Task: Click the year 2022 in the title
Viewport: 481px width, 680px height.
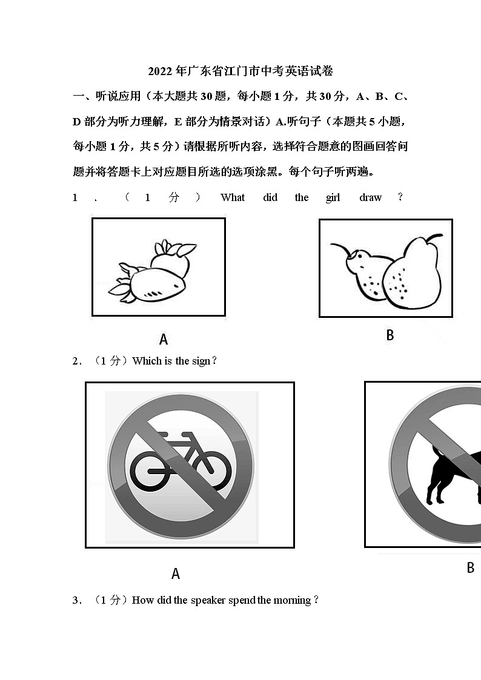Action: [x=160, y=71]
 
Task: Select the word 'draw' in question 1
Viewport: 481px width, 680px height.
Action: [x=370, y=197]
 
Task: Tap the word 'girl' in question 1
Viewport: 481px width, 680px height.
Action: [x=333, y=197]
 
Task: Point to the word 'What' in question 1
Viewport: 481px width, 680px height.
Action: [x=233, y=197]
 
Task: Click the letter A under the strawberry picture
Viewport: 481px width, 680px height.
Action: [x=163, y=339]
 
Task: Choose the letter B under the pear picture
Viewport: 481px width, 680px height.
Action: [x=390, y=335]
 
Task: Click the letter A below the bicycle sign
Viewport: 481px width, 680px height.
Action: [x=176, y=573]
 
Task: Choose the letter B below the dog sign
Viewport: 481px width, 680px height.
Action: [x=470, y=568]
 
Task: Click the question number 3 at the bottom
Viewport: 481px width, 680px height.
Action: [x=76, y=600]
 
